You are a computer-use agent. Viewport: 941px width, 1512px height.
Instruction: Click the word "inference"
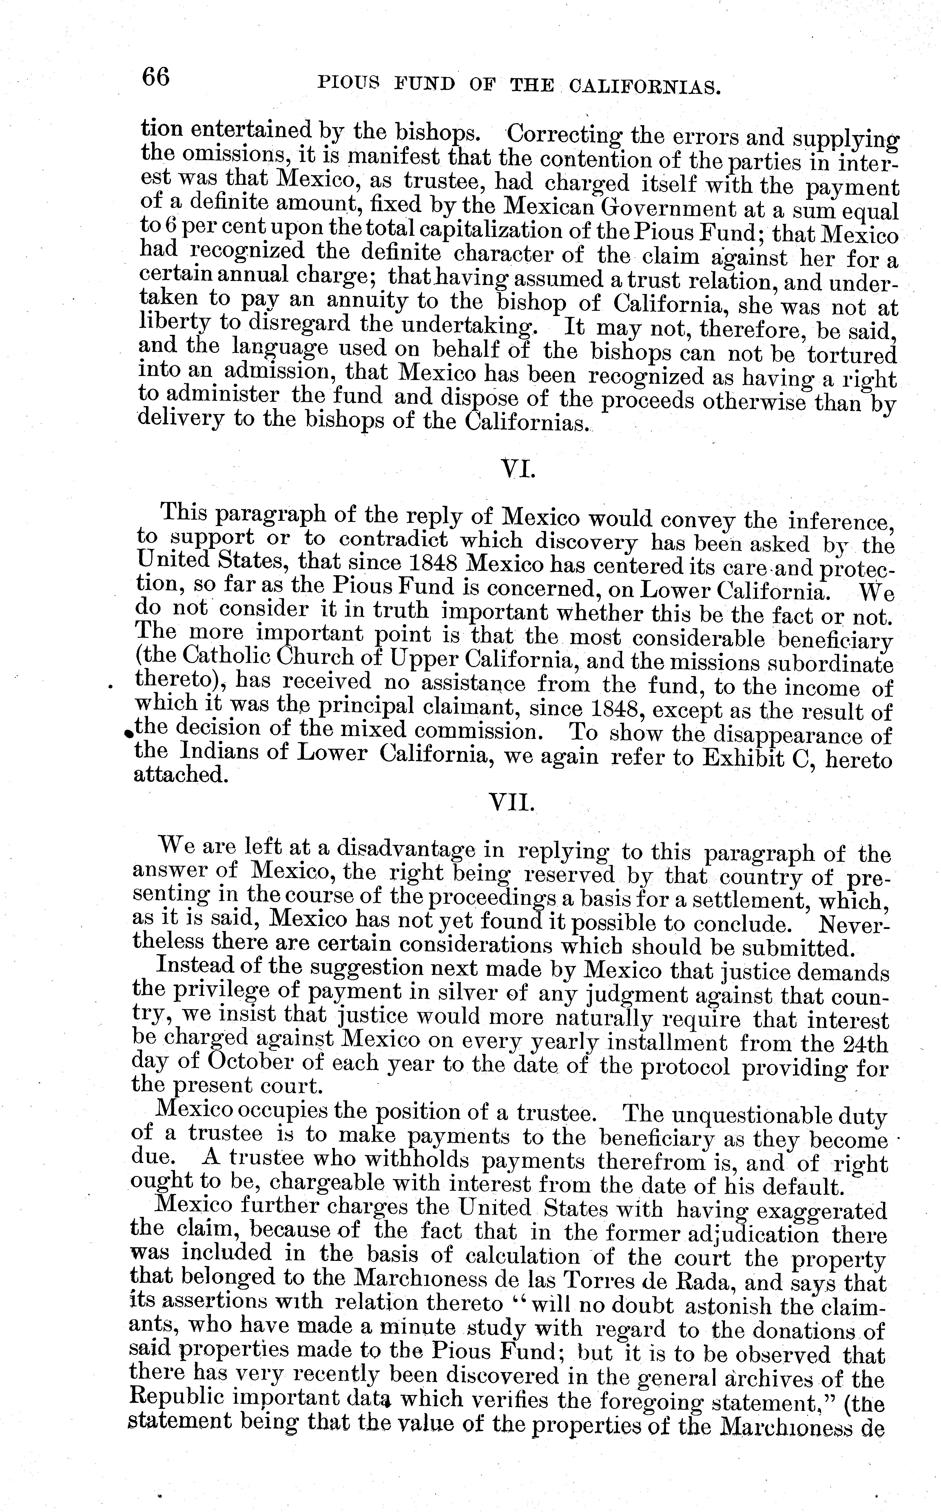click(840, 520)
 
